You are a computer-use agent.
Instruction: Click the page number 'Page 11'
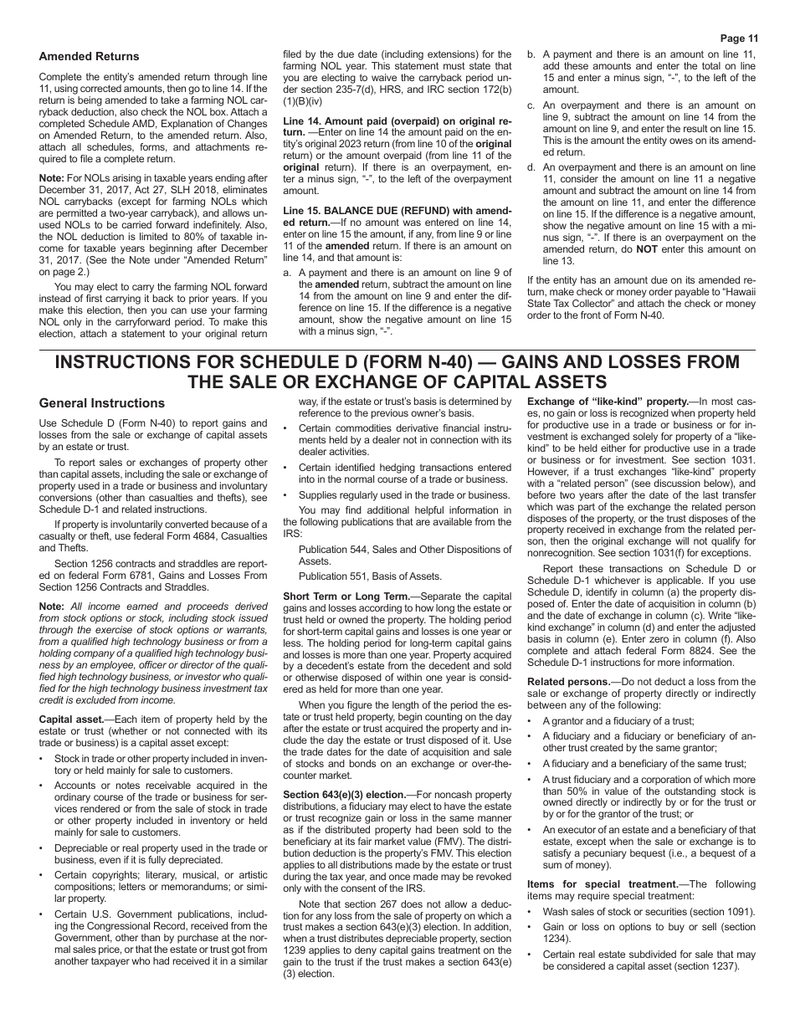coord(736,38)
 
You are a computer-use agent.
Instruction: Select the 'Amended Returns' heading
coord(89,57)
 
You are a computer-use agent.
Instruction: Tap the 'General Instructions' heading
coord(102,402)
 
